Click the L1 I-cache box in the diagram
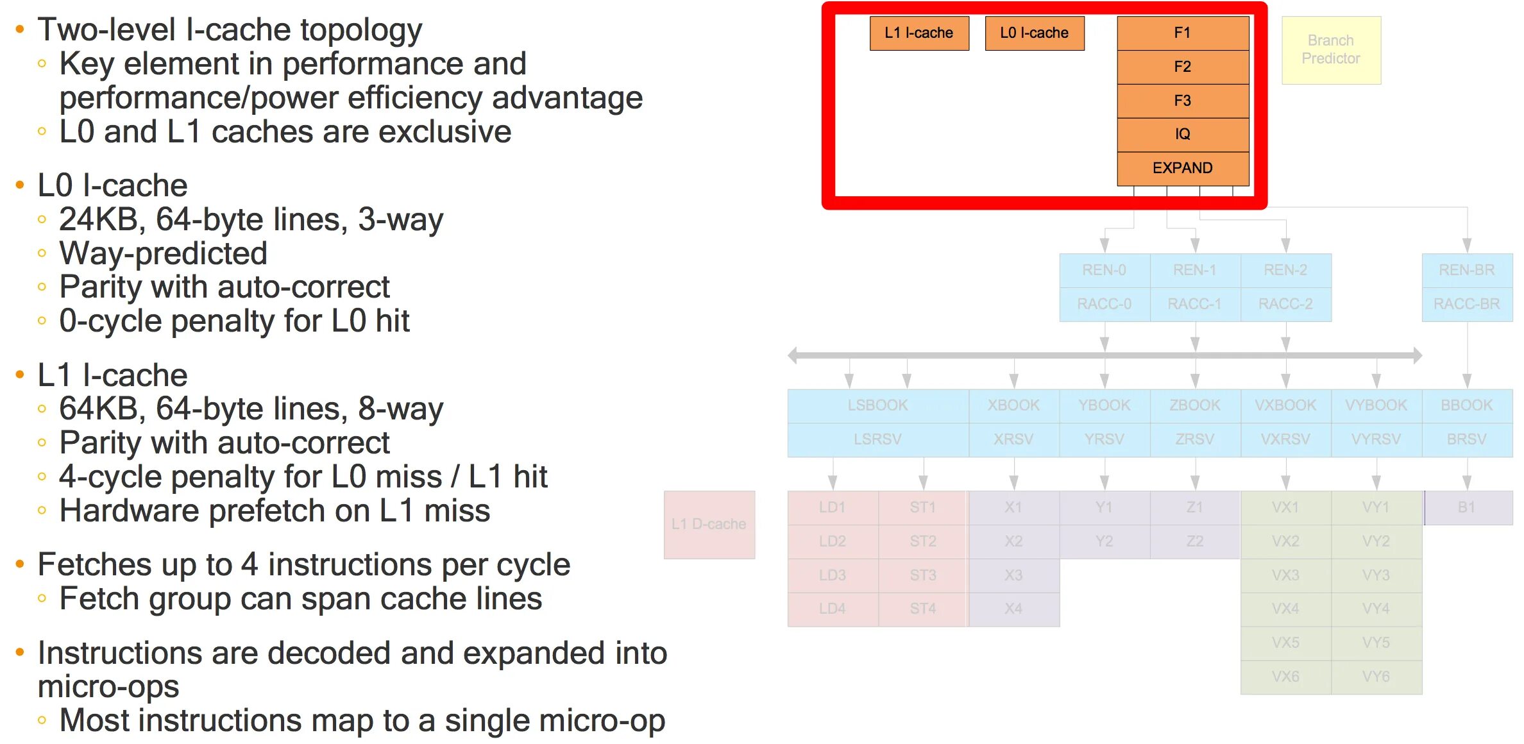click(x=919, y=33)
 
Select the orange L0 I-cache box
click(x=1034, y=33)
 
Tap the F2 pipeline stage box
click(x=1182, y=67)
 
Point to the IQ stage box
click(x=1182, y=134)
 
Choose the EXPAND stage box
click(x=1182, y=168)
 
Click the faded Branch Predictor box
click(x=1330, y=49)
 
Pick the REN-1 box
click(x=1194, y=270)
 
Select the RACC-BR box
click(x=1466, y=304)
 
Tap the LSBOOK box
click(x=877, y=405)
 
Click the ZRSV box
click(x=1194, y=439)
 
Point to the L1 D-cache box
click(x=709, y=524)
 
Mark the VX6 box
click(x=1285, y=677)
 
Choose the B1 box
click(x=1466, y=507)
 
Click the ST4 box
click(x=922, y=609)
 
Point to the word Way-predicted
click(x=163, y=253)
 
